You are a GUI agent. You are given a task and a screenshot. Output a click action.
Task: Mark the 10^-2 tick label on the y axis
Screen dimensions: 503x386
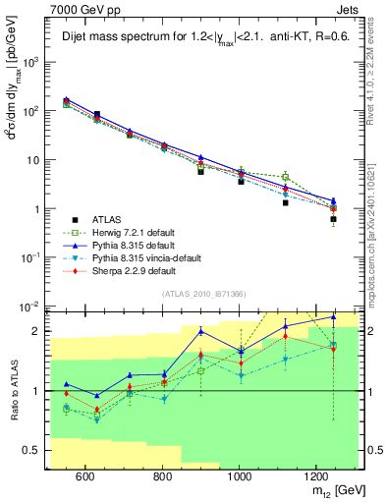(32, 307)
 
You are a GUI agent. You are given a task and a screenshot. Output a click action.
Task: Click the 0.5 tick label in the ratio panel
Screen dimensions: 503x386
(35, 452)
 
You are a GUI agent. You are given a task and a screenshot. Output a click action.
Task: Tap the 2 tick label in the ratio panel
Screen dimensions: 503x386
(39, 331)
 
